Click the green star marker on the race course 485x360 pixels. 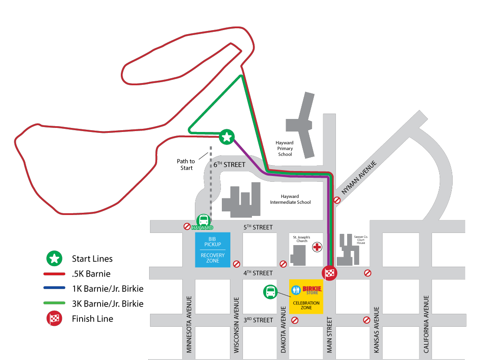pyautogui.click(x=227, y=137)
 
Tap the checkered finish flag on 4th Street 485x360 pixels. pyautogui.click(x=330, y=273)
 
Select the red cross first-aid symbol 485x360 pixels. pyautogui.click(x=317, y=247)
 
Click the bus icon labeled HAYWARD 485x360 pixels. pyautogui.click(x=203, y=220)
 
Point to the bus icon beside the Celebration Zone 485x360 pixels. pyautogui.click(x=270, y=292)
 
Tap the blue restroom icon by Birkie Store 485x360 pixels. pyautogui.click(x=296, y=290)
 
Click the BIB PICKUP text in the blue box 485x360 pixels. pyautogui.click(x=212, y=241)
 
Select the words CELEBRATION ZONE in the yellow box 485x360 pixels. pyautogui.click(x=306, y=305)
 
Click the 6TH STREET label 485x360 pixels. pyautogui.click(x=229, y=165)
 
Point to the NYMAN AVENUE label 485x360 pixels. pyautogui.click(x=359, y=177)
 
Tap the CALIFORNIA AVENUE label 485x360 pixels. pyautogui.click(x=426, y=324)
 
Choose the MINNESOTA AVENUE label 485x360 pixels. pyautogui.click(x=189, y=324)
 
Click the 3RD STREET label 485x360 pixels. pyautogui.click(x=258, y=320)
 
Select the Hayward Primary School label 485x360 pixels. pyautogui.click(x=285, y=149)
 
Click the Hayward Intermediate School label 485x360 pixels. pyautogui.click(x=290, y=199)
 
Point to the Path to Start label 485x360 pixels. pyautogui.click(x=186, y=165)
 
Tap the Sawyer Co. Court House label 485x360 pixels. pyautogui.click(x=361, y=240)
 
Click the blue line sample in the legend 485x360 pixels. pyautogui.click(x=54, y=288)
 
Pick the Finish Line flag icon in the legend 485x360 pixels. pyautogui.click(x=54, y=319)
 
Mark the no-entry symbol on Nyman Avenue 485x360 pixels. pyautogui.click(x=337, y=200)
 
